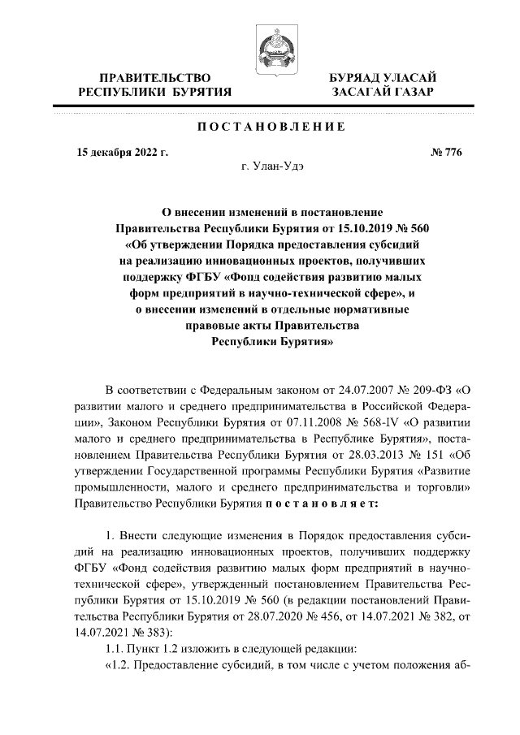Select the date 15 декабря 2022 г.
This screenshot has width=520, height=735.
122,152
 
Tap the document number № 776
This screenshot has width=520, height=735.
447,152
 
